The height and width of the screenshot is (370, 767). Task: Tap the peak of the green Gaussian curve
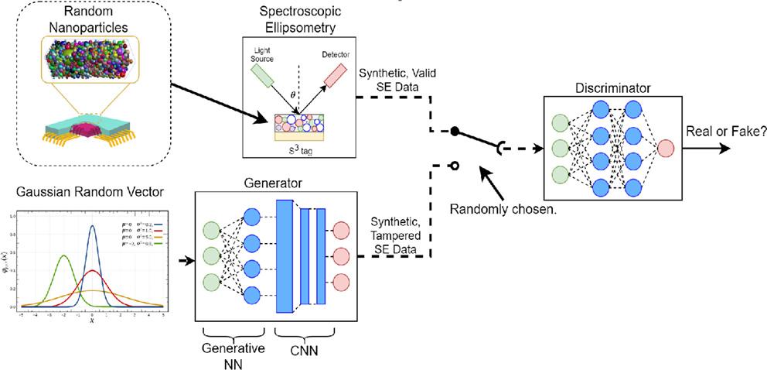point(63,256)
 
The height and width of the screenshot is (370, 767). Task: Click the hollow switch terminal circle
point(455,165)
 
